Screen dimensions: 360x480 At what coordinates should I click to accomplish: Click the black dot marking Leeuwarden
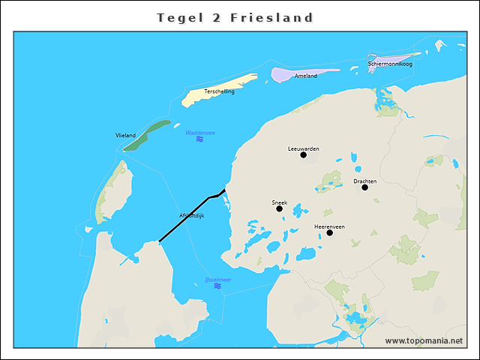click(303, 155)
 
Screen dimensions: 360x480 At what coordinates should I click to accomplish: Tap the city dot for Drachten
click(365, 187)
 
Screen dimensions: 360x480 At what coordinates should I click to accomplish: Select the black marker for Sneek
click(279, 208)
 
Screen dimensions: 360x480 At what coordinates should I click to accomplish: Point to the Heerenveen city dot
click(329, 232)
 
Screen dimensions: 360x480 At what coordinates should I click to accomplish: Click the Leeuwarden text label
click(303, 148)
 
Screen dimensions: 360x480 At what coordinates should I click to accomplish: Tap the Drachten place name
click(364, 181)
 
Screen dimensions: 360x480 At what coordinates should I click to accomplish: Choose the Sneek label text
click(279, 202)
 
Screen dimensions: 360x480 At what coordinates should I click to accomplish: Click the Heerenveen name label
click(329, 226)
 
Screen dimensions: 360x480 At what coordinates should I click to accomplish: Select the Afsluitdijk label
click(192, 215)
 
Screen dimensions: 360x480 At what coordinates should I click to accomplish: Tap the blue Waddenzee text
click(200, 133)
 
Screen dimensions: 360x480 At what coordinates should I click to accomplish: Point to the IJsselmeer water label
click(217, 279)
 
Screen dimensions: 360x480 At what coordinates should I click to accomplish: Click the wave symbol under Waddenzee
click(200, 139)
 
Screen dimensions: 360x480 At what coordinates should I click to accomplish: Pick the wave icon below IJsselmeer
click(217, 286)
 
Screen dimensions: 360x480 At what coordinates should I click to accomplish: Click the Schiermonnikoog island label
click(390, 64)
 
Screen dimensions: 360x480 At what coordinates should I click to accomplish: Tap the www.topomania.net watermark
click(424, 340)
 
